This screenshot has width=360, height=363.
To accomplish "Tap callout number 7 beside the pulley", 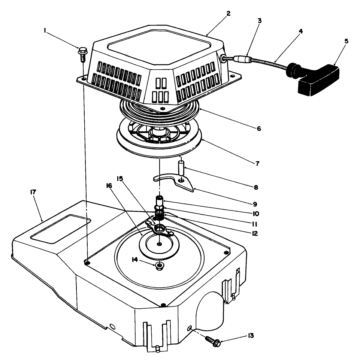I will tap(258, 163).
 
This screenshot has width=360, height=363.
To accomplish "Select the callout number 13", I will tap(251, 335).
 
